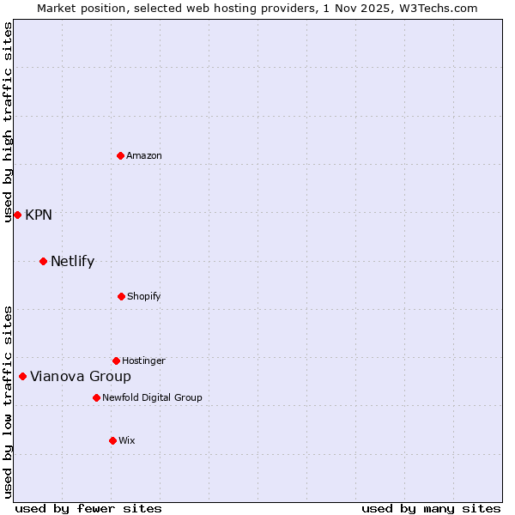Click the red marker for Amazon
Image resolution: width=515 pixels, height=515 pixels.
point(120,155)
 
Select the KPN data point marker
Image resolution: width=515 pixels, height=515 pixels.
point(17,215)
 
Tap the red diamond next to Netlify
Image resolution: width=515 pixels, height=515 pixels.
point(43,261)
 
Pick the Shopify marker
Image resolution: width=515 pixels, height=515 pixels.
point(121,296)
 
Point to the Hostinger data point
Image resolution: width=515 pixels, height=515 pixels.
point(116,360)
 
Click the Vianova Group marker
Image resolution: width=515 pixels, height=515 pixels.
point(22,376)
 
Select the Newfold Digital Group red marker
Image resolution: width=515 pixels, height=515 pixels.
point(96,397)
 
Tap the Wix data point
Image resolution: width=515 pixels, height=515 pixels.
point(112,440)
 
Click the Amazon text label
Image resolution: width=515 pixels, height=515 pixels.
point(144,155)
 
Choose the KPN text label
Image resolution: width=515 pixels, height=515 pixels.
point(39,215)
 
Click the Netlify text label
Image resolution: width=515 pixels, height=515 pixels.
point(72,261)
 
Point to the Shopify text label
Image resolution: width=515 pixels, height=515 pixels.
point(144,296)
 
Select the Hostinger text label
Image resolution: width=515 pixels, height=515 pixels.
point(143,360)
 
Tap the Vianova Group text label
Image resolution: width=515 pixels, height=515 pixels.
point(81,376)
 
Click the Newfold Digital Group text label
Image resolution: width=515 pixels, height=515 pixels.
point(152,397)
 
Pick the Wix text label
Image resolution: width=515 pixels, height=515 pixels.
point(127,440)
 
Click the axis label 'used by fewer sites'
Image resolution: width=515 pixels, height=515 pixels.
point(88,508)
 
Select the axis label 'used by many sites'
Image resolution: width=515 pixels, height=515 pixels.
point(431,508)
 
